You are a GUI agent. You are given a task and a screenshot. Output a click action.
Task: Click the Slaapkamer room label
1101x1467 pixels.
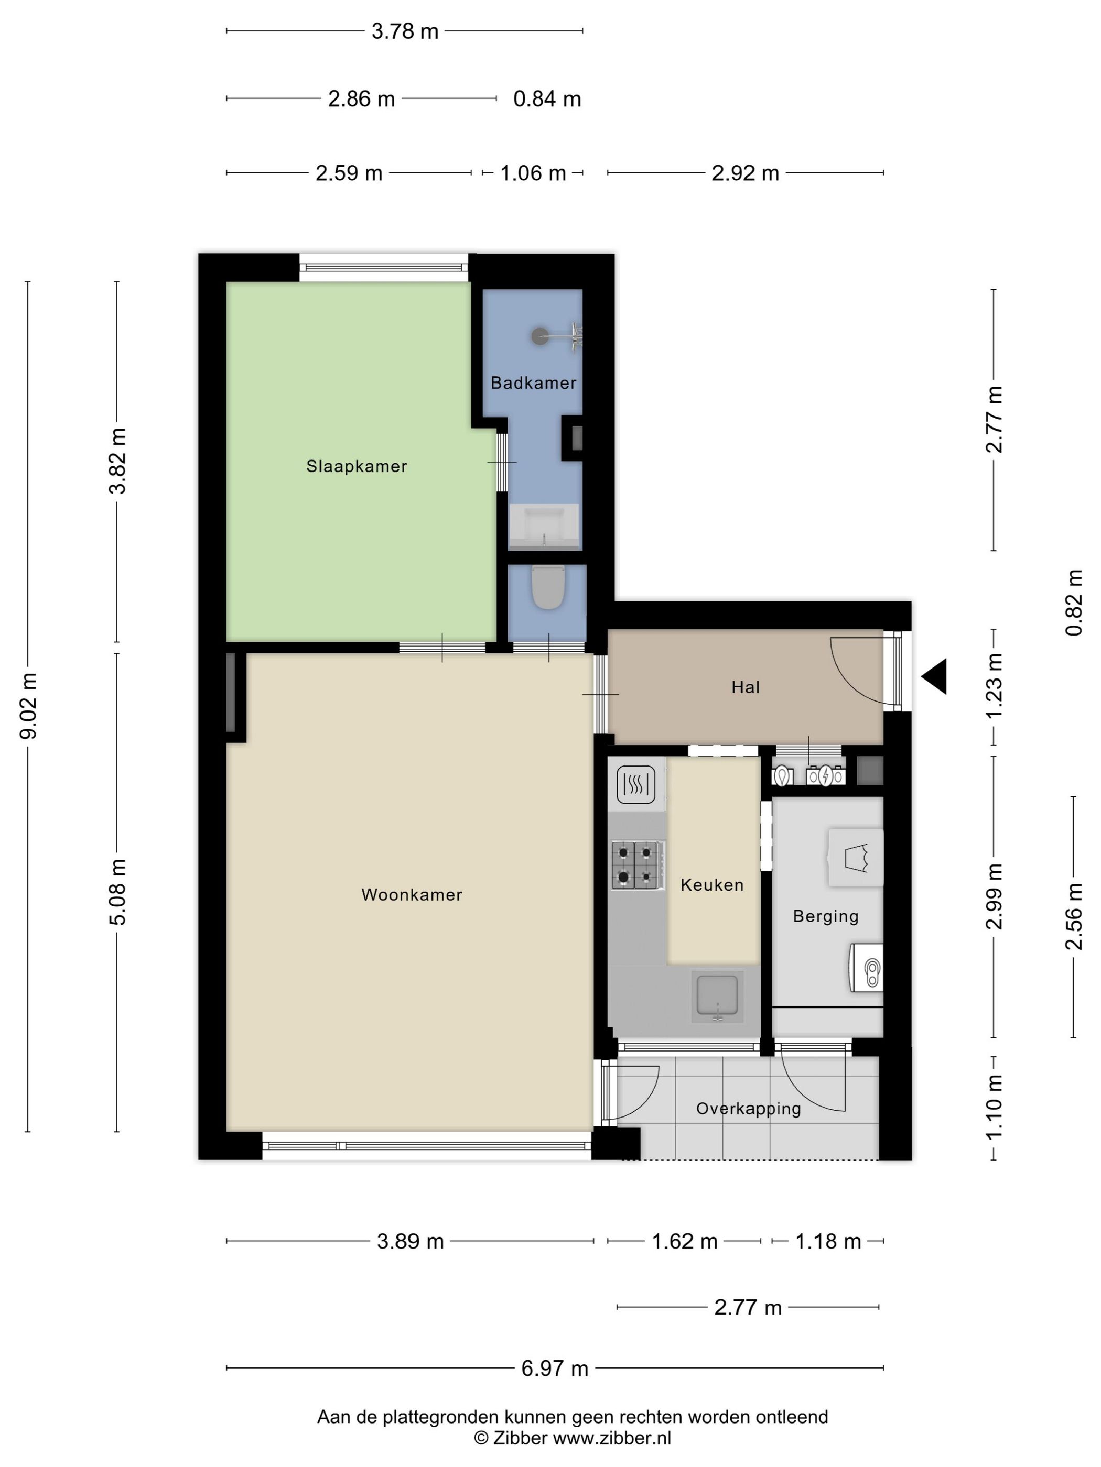pyautogui.click(x=357, y=466)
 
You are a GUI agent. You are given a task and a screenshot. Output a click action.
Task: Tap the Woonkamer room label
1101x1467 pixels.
pyautogui.click(x=412, y=895)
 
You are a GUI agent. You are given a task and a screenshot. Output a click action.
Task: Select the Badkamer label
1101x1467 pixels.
pyautogui.click(x=534, y=382)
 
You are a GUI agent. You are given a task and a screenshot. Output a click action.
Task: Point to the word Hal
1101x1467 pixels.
pyautogui.click(x=746, y=687)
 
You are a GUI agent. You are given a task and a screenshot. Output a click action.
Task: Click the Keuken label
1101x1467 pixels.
pyautogui.click(x=712, y=885)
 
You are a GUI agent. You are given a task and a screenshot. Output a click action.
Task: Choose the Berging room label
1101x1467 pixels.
pyautogui.click(x=826, y=916)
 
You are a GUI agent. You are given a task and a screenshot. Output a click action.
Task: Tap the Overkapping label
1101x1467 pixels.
pyautogui.click(x=749, y=1109)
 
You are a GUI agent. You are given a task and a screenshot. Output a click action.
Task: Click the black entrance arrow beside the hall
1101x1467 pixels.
pyautogui.click(x=934, y=676)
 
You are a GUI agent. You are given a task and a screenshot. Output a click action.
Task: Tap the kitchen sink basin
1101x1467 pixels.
pyautogui.click(x=717, y=998)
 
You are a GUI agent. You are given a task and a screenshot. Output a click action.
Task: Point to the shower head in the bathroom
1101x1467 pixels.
pyautogui.click(x=539, y=336)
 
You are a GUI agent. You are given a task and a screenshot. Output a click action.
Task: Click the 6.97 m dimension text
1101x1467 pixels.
pyautogui.click(x=555, y=1368)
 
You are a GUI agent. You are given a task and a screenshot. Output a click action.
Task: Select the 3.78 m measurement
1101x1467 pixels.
pyautogui.click(x=405, y=31)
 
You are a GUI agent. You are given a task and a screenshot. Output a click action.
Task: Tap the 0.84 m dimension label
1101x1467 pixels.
pyautogui.click(x=547, y=99)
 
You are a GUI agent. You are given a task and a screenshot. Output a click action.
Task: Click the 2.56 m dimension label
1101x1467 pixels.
pyautogui.click(x=1074, y=916)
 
